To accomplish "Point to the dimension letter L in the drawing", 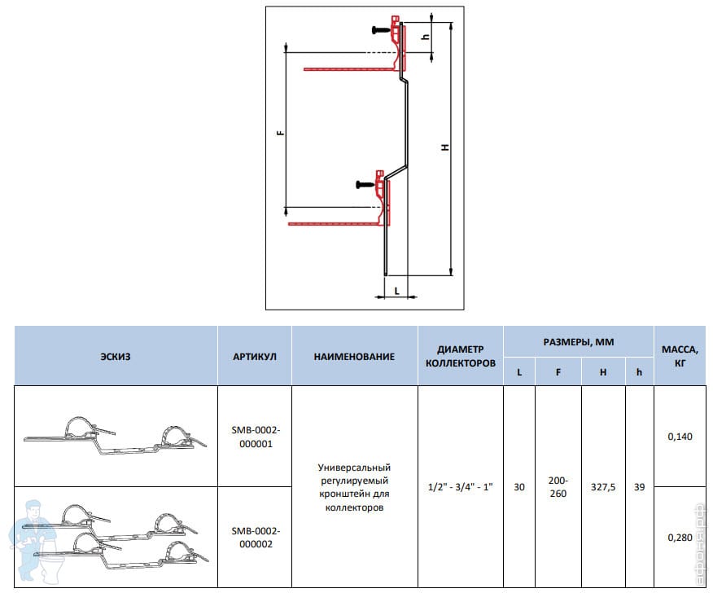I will pos(396,289).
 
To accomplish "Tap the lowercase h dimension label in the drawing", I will pos(424,37).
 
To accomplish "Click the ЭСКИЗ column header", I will pos(116,356).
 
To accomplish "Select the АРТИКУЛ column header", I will pos(255,356).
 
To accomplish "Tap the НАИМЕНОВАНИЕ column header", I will pos(354,356).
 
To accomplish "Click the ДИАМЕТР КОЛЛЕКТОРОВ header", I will pos(460,356).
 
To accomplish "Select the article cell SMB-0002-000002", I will pos(255,538).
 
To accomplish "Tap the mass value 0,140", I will pos(680,437).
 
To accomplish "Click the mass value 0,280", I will pos(680,537).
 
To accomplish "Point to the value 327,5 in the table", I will pos(603,487).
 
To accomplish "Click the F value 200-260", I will pos(558,487).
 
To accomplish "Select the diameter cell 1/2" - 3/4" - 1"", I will pos(460,487).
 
